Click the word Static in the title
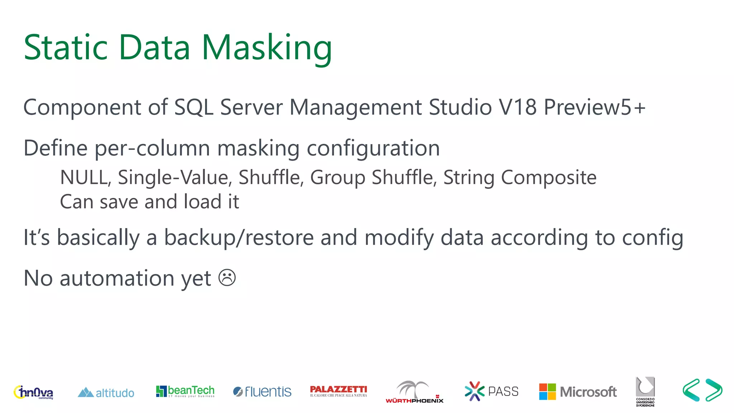(x=66, y=47)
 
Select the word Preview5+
(x=595, y=107)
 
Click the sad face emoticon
(x=227, y=278)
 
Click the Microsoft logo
(x=578, y=391)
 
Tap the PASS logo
(x=491, y=391)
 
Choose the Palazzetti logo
(x=338, y=391)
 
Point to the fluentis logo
(x=262, y=391)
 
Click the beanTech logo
(x=185, y=391)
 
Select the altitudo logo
(x=106, y=393)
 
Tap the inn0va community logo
(x=33, y=392)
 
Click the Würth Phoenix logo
(x=414, y=392)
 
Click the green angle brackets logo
(x=702, y=390)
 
